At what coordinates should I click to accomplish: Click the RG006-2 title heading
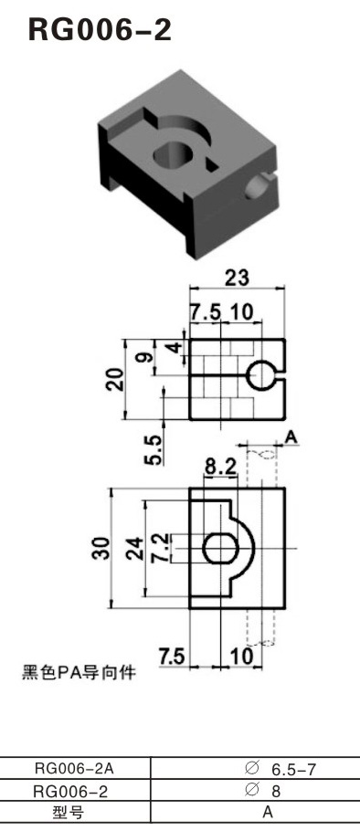(101, 30)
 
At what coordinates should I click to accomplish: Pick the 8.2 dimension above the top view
(221, 467)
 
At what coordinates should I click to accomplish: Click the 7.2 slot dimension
(160, 548)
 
